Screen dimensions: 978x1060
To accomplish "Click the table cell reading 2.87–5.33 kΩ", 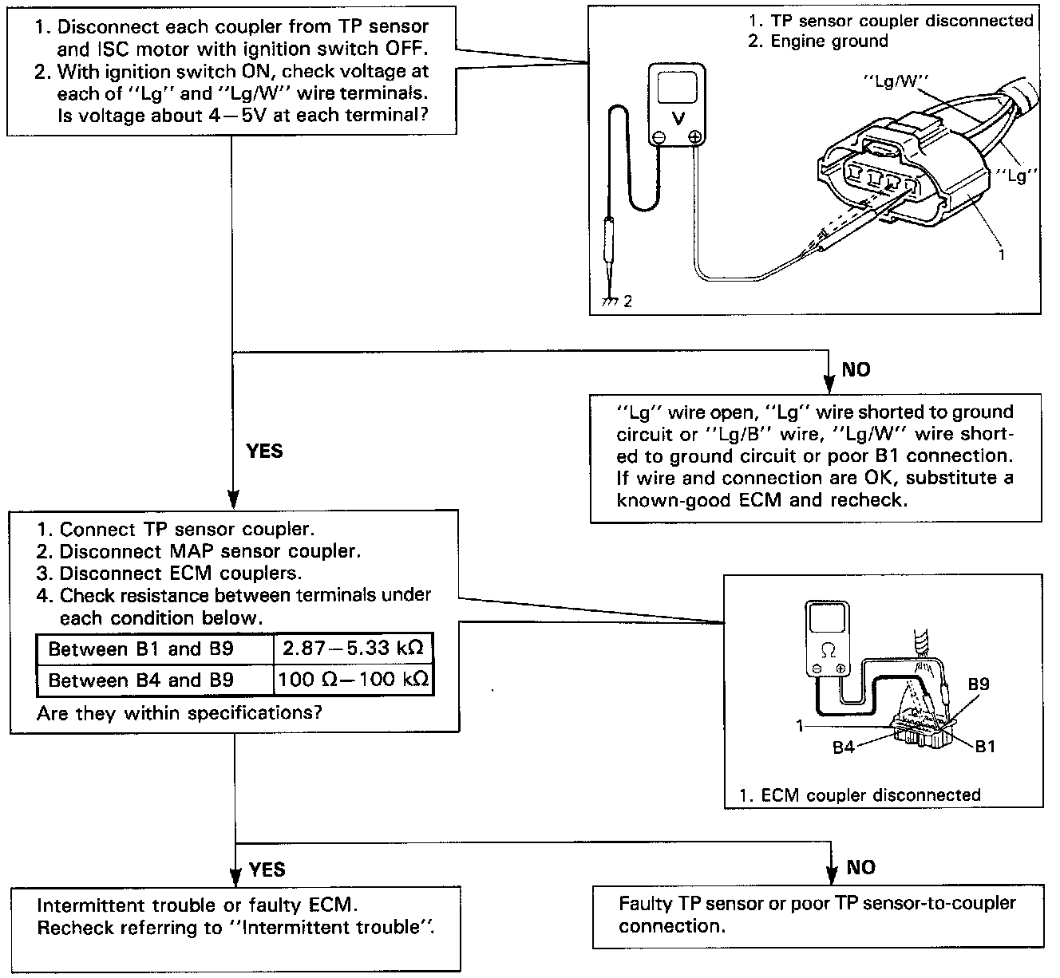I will tap(353, 649).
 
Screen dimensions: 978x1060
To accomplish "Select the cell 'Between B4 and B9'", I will tap(140, 680).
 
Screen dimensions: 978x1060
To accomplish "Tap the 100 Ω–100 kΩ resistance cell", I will tap(353, 680).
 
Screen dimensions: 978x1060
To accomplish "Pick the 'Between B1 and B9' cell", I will tap(140, 649).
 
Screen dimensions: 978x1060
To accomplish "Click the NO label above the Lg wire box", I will tap(856, 369).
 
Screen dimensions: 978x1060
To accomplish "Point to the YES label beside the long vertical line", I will tap(264, 452).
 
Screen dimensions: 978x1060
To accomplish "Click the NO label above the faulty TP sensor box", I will tap(860, 867).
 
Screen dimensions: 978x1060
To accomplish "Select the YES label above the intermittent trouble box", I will tap(267, 870).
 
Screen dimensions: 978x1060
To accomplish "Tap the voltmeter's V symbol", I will tap(678, 118).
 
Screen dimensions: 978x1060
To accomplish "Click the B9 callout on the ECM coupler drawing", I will tap(979, 684).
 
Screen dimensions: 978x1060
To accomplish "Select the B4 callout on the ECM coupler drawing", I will tap(844, 747).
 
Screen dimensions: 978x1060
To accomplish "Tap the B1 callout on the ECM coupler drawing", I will tap(984, 746).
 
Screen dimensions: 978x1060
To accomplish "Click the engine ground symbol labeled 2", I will tap(611, 301).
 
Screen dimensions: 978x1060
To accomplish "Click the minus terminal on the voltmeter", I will tap(659, 137).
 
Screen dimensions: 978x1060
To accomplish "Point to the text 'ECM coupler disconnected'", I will tap(870, 795).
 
